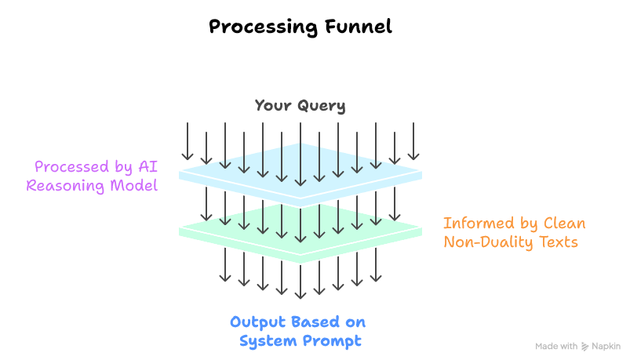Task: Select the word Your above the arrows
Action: (271, 106)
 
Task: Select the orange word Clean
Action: (563, 224)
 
